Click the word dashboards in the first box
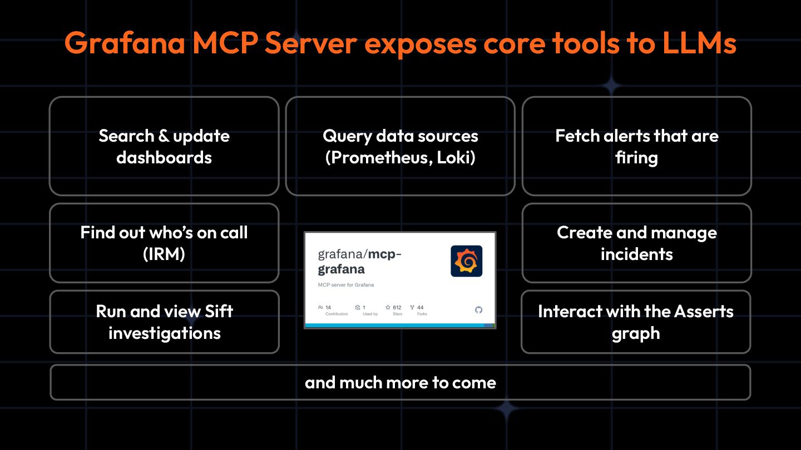point(164,158)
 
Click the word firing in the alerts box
point(636,158)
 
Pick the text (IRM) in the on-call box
point(164,254)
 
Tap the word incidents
point(636,254)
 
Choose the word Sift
point(211,311)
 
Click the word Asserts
point(703,311)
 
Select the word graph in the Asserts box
point(636,333)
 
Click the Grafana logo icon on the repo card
point(466,261)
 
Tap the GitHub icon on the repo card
point(478,310)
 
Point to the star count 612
point(397,307)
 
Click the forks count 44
point(420,307)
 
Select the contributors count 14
point(328,307)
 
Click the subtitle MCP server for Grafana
point(346,285)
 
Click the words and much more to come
point(400,382)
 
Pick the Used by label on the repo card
point(370,314)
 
